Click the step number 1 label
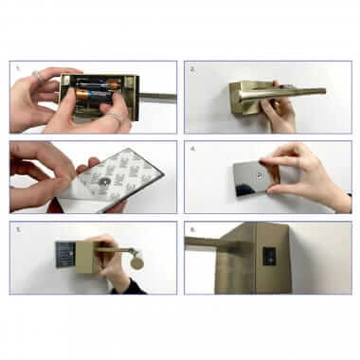click(17, 69)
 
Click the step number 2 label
click(191, 69)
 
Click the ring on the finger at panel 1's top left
click(36, 75)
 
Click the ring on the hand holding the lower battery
click(115, 117)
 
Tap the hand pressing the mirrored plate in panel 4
click(313, 171)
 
